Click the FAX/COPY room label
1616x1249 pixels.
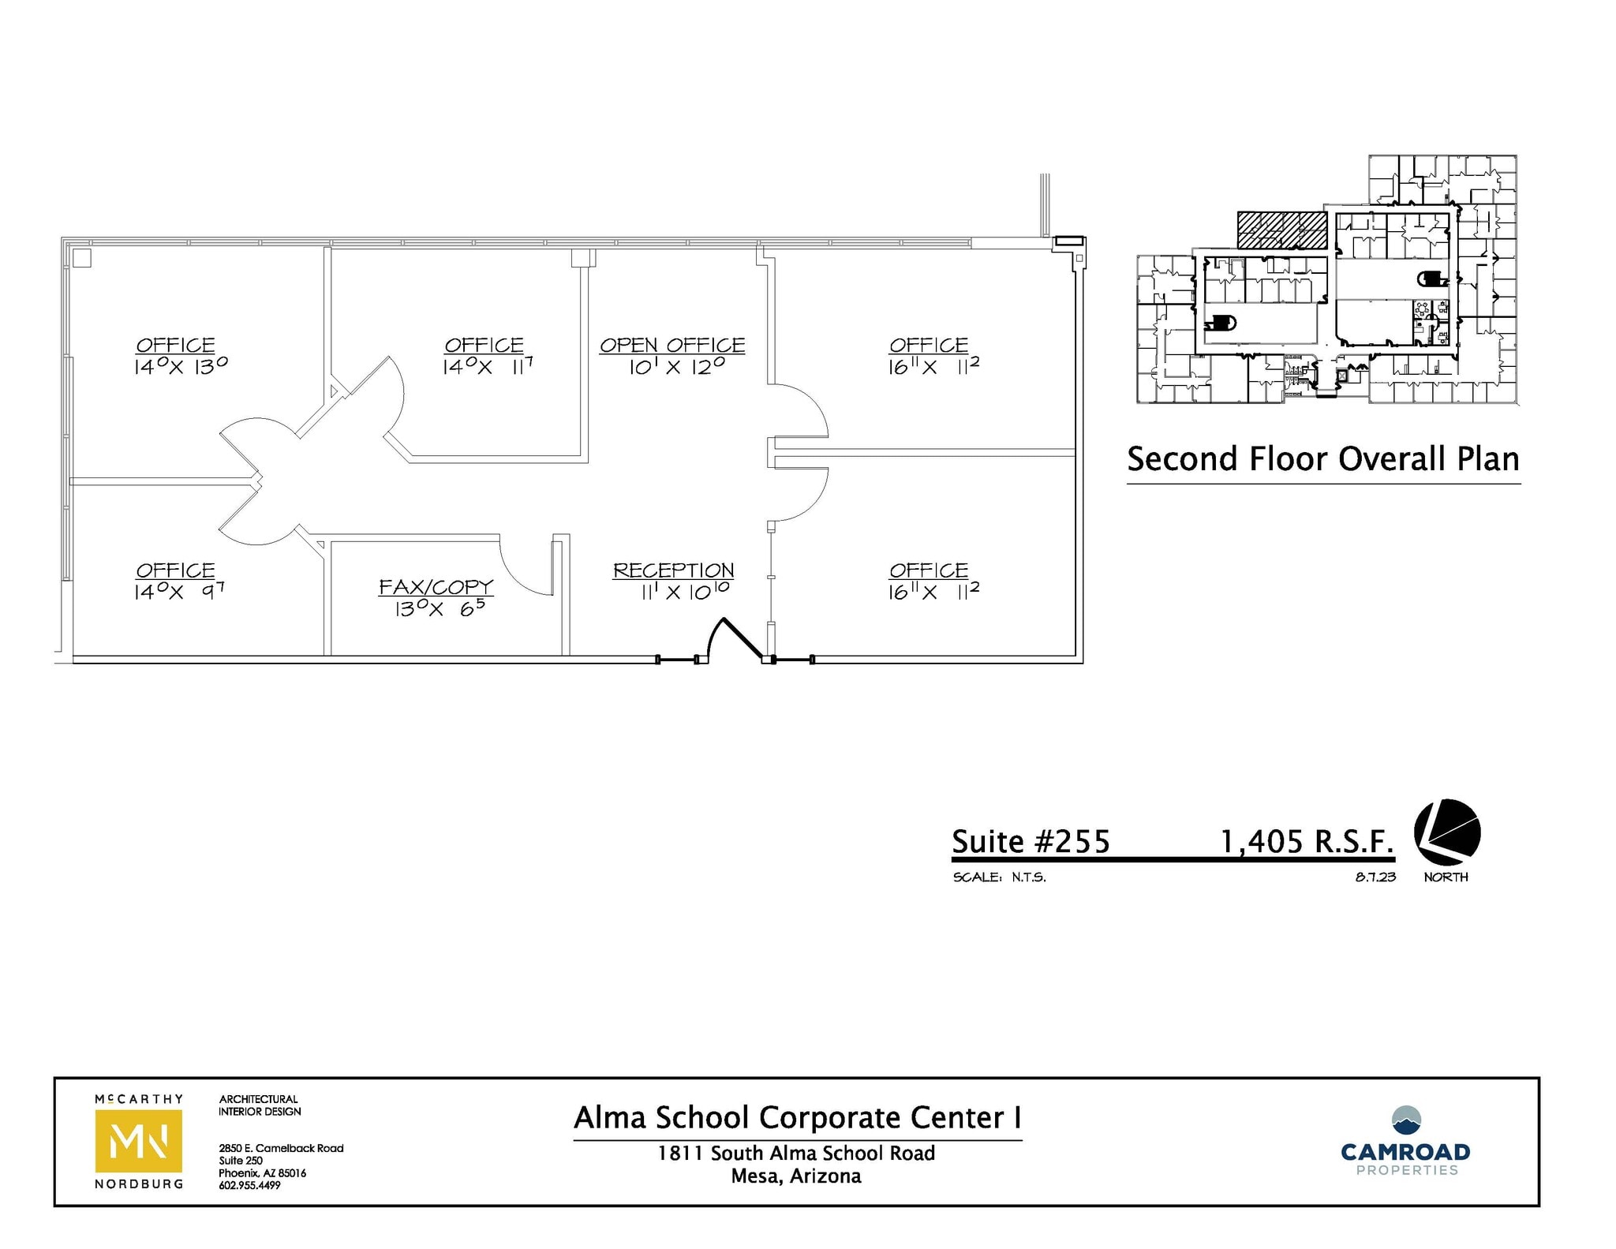tap(436, 587)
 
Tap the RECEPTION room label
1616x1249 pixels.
tap(673, 570)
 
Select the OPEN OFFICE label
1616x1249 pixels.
tap(672, 346)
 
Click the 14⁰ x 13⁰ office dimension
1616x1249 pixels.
tap(181, 366)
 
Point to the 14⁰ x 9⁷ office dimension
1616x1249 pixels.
tap(180, 591)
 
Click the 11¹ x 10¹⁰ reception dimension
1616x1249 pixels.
tap(684, 591)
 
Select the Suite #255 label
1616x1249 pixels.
tap(1031, 842)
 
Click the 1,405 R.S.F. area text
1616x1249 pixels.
tap(1307, 842)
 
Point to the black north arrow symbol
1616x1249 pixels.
tap(1446, 833)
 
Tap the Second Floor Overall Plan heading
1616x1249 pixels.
tap(1323, 459)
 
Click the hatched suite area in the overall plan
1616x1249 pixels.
tap(1281, 230)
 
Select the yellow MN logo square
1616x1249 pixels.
tap(139, 1141)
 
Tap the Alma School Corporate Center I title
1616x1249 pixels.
tap(797, 1118)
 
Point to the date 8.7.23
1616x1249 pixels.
tap(1375, 877)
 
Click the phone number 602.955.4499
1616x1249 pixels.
tap(249, 1185)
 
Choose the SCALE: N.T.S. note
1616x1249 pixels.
tap(999, 877)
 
